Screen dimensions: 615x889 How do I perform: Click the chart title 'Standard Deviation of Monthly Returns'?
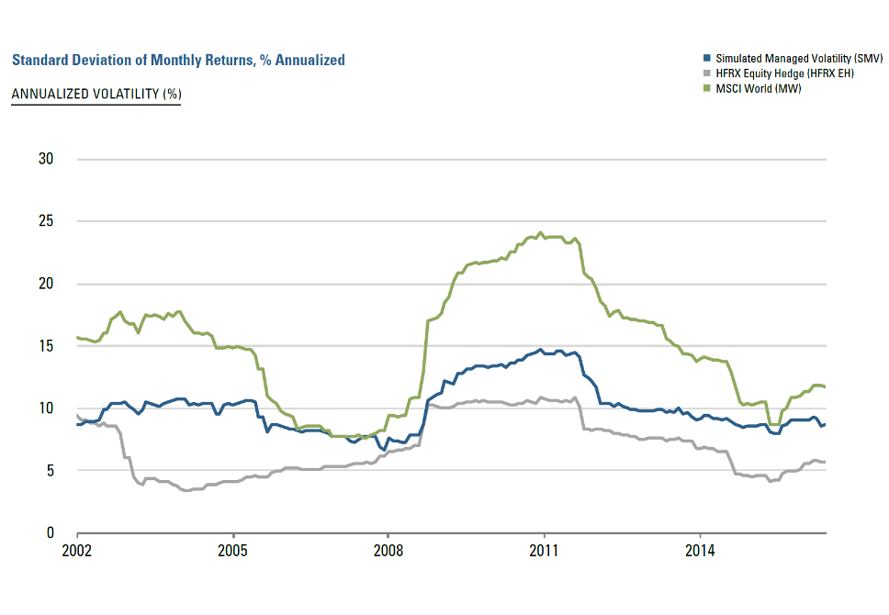178,61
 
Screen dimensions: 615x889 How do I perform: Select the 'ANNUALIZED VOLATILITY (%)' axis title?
96,95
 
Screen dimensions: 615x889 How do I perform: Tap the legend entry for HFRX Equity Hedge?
771,73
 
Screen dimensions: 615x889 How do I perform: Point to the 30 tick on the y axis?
46,159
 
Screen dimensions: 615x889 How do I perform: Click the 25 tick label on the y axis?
46,221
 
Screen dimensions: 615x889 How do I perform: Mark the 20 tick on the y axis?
46,284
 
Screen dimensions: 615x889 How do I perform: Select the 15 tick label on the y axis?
46,346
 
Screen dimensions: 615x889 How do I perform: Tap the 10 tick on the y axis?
46,408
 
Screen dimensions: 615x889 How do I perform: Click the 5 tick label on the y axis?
50,471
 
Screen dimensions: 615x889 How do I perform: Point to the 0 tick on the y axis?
50,532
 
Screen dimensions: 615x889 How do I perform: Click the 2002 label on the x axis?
77,552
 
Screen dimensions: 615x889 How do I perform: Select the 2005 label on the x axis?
233,552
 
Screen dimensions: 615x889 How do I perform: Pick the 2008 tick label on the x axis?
388,552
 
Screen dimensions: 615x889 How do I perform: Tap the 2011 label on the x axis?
545,552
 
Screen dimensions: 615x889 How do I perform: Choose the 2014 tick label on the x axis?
700,552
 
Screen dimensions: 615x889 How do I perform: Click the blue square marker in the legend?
706,58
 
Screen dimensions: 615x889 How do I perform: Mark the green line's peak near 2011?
540,232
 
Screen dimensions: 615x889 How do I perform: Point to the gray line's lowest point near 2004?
186,490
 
